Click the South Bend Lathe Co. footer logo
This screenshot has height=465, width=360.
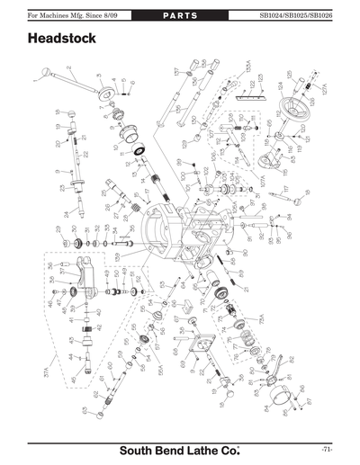180,450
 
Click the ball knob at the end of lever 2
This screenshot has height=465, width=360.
44,71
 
